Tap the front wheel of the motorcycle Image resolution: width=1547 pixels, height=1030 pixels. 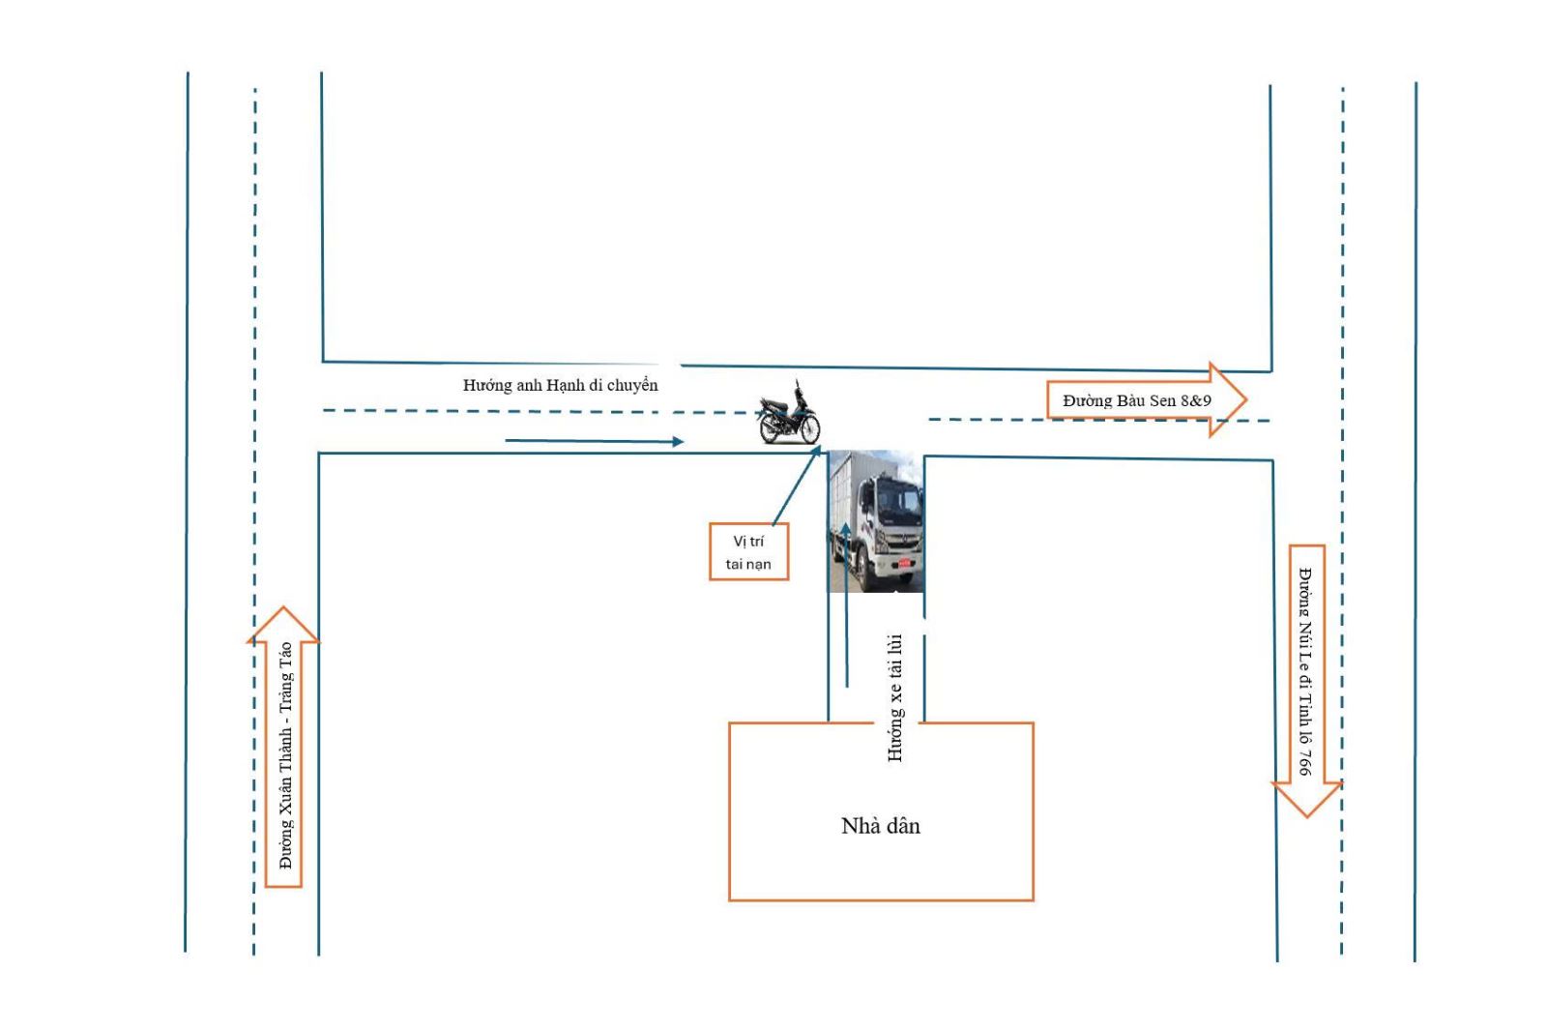point(806,429)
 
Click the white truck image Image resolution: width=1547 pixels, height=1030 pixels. point(876,521)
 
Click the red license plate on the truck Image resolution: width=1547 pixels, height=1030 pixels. point(904,563)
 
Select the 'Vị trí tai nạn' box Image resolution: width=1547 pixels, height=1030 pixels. point(748,552)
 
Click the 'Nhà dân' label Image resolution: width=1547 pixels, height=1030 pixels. point(881,826)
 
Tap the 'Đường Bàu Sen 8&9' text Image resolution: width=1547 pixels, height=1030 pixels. point(1137,400)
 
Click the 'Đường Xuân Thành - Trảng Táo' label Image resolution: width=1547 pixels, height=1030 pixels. point(285,755)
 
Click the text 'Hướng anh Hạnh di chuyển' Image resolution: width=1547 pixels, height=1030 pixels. point(560,386)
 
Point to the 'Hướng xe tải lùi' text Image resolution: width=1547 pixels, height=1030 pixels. point(895,697)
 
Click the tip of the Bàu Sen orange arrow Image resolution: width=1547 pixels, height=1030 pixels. point(1246,399)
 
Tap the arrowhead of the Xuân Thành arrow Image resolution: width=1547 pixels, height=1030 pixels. point(283,608)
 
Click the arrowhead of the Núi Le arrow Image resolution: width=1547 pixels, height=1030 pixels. point(1306,816)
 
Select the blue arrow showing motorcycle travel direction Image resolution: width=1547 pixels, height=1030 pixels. point(595,441)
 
